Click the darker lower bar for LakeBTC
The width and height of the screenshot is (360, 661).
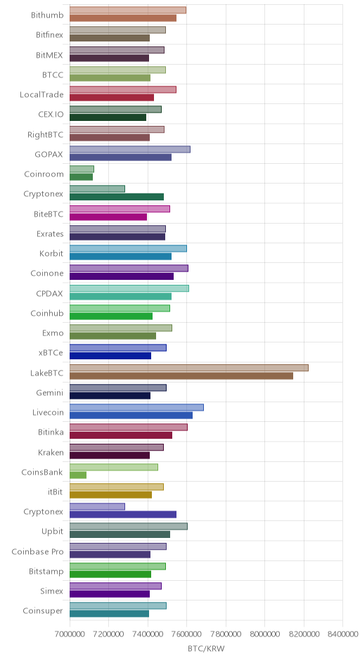click(x=181, y=376)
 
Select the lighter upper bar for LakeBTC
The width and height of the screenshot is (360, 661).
click(x=189, y=368)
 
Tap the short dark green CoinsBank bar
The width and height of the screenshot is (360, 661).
click(x=78, y=475)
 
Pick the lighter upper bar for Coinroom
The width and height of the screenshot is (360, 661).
click(x=82, y=169)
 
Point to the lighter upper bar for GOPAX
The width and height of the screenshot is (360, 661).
click(x=130, y=149)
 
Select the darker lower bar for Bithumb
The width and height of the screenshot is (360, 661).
click(x=123, y=18)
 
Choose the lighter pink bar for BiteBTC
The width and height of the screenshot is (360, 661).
click(x=120, y=209)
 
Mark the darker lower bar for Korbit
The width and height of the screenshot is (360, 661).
click(x=120, y=256)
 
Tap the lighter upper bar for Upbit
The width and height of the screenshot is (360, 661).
click(x=129, y=526)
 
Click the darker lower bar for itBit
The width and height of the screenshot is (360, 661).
click(x=110, y=495)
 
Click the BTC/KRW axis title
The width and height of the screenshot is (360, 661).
click(x=206, y=649)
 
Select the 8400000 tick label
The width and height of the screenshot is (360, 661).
click(x=342, y=634)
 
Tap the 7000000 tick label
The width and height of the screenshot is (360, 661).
click(x=70, y=634)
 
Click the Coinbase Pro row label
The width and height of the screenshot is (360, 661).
click(x=37, y=552)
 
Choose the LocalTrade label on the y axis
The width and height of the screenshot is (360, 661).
click(x=41, y=94)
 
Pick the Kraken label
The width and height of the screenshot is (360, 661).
click(x=51, y=453)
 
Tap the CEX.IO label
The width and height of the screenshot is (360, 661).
click(x=51, y=114)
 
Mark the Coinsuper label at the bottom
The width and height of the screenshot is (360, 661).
click(x=43, y=611)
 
